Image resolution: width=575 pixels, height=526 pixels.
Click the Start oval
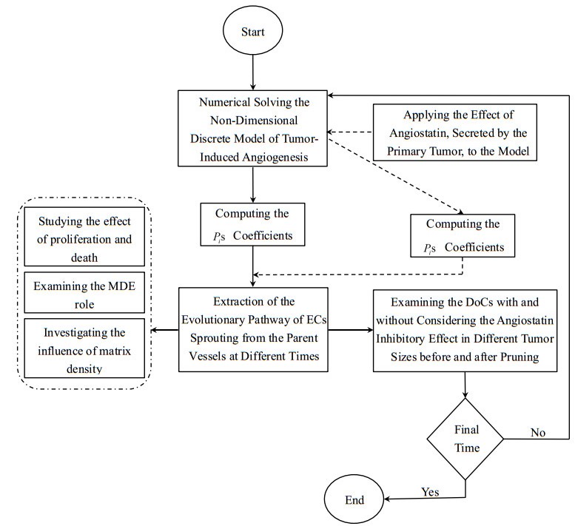pyautogui.click(x=253, y=35)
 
